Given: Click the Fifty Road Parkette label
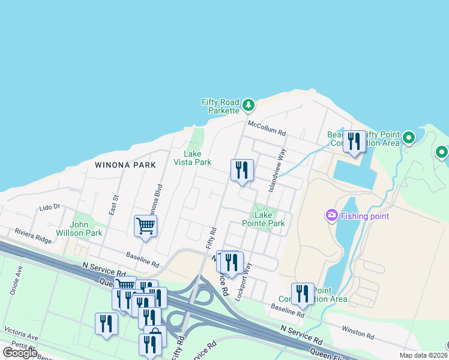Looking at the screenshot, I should coord(220,106).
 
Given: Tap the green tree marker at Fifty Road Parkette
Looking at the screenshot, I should coord(249,106).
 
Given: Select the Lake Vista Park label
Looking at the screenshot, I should coord(193,158).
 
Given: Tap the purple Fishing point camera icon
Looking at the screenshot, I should coord(331,215).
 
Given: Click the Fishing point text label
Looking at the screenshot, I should coord(365,216).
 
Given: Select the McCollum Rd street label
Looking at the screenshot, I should coord(268,128).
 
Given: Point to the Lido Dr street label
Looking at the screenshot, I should coord(50,207).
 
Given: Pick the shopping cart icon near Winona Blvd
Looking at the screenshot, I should coord(145,226).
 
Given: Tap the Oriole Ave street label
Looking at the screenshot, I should coord(18,280).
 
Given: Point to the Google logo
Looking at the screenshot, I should coord(20,353).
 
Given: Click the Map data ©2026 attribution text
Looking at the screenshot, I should coord(423,355).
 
